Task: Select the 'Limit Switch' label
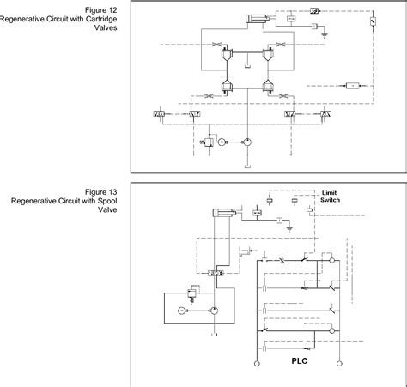pyautogui.click(x=331, y=197)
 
